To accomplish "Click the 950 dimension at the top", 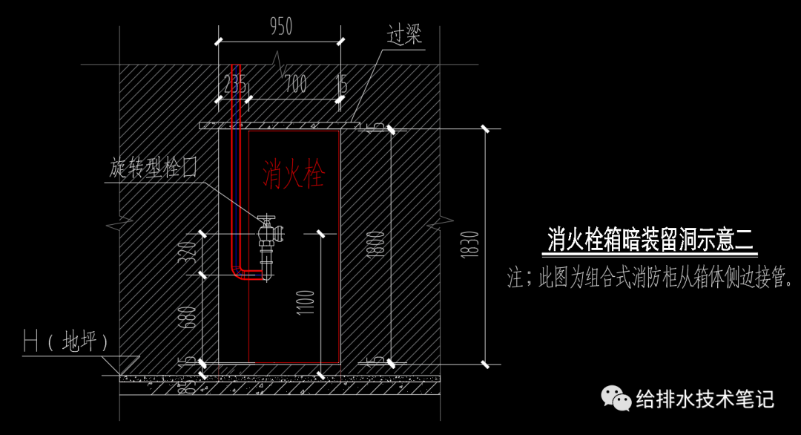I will click(x=281, y=27).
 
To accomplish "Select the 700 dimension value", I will click(x=295, y=84).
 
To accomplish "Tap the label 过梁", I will click(x=404, y=35).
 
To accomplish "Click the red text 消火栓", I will click(x=293, y=175).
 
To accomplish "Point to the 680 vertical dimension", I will click(x=189, y=319).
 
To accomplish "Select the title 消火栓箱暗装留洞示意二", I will click(x=650, y=240).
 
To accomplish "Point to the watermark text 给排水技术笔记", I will click(x=705, y=399).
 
